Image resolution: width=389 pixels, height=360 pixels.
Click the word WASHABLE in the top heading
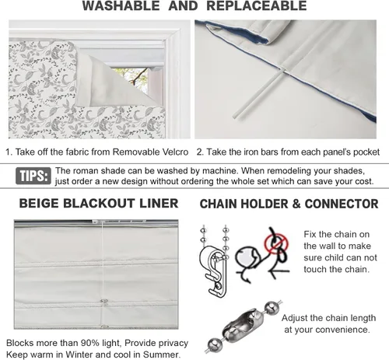pos(121,5)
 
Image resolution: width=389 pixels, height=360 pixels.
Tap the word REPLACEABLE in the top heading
pos(257,5)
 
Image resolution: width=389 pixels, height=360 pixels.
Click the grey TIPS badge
pos(33,176)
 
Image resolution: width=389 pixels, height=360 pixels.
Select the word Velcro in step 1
pos(175,152)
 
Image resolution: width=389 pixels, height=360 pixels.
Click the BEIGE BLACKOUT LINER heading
pos(99,203)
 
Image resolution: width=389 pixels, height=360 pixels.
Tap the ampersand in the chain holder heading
pos(296,204)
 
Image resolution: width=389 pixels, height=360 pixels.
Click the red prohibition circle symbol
pos(276,243)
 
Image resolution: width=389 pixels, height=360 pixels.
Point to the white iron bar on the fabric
pos(257,93)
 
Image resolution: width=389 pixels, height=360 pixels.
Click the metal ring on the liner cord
pos(103,302)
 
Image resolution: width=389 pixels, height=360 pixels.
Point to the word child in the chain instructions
pos(332,257)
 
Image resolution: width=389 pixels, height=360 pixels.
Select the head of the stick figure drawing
pos(245,256)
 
